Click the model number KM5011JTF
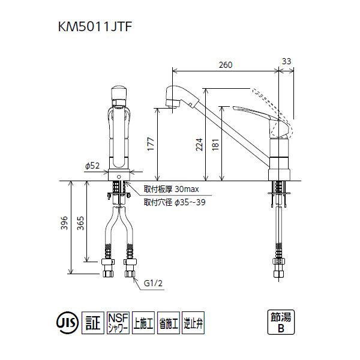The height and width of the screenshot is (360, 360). [95, 26]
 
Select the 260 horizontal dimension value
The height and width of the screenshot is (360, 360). [226, 65]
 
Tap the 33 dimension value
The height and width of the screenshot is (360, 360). [286, 61]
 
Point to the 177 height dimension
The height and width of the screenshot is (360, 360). [151, 144]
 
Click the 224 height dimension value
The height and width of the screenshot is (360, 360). [199, 145]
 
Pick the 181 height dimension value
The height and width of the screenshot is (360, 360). [215, 145]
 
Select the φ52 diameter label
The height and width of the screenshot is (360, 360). [92, 166]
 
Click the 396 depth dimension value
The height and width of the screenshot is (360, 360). [64, 223]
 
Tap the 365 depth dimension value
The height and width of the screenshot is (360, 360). [80, 223]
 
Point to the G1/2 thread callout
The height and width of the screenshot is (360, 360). [153, 283]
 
